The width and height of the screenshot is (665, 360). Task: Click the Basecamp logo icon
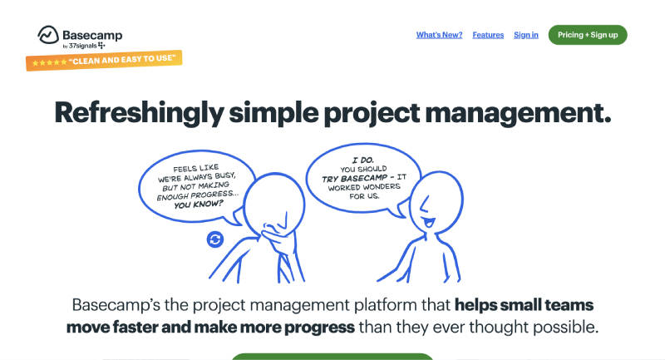(x=48, y=35)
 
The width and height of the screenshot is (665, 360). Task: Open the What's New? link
(x=439, y=35)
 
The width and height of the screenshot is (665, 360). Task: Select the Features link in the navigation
(x=488, y=35)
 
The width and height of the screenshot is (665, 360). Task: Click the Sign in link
(x=526, y=35)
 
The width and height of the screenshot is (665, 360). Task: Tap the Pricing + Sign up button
(x=588, y=35)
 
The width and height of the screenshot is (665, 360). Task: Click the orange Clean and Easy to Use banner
(x=104, y=60)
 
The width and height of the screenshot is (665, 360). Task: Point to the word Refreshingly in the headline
(x=139, y=113)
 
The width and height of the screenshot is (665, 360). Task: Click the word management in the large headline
(x=518, y=113)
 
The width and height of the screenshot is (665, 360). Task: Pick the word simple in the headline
(x=273, y=113)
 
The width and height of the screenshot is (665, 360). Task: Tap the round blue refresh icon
(x=215, y=239)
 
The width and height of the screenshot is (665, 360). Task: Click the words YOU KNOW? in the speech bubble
(x=198, y=205)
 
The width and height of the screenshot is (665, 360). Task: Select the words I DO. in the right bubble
(x=363, y=160)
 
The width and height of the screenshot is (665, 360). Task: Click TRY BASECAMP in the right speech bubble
(x=355, y=178)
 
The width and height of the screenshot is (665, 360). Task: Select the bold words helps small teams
(x=524, y=305)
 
